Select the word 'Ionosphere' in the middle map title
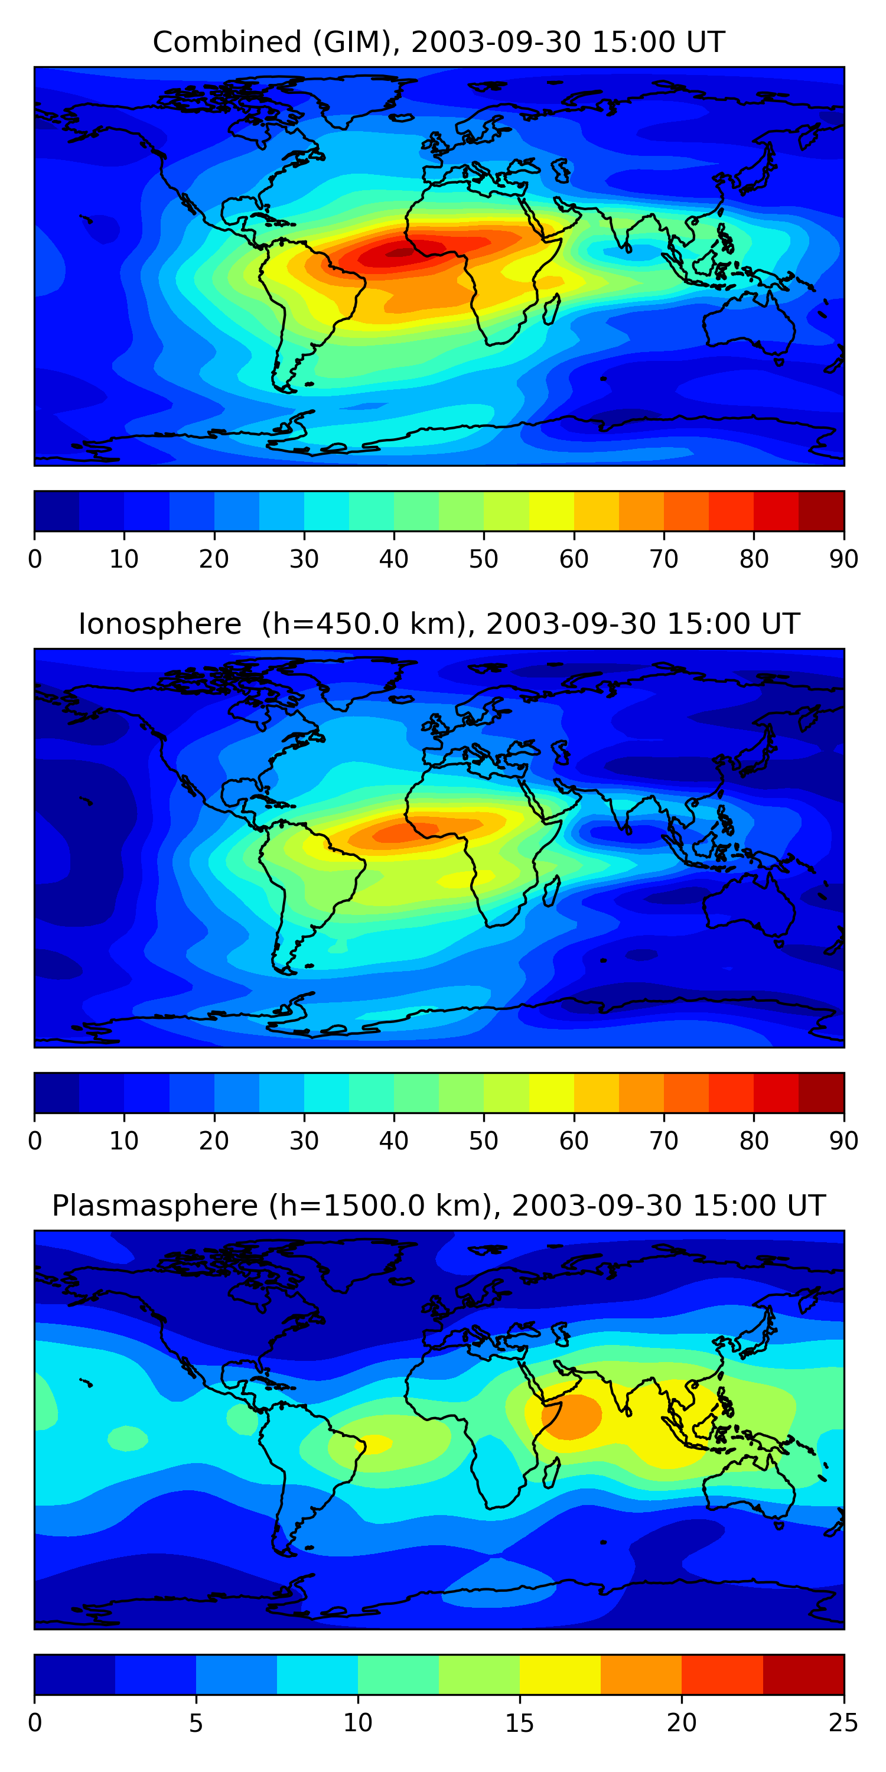point(159,624)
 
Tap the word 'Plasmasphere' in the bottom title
point(154,1206)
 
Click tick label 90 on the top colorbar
point(843,559)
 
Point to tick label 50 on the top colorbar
point(484,559)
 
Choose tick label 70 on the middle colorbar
point(664,1141)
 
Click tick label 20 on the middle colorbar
point(214,1141)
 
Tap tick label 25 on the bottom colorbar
point(843,1722)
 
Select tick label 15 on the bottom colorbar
point(519,1722)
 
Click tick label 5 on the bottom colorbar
point(196,1722)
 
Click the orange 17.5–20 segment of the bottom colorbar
point(641,1675)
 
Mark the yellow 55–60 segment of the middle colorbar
point(552,1092)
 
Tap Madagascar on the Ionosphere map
point(551,892)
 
